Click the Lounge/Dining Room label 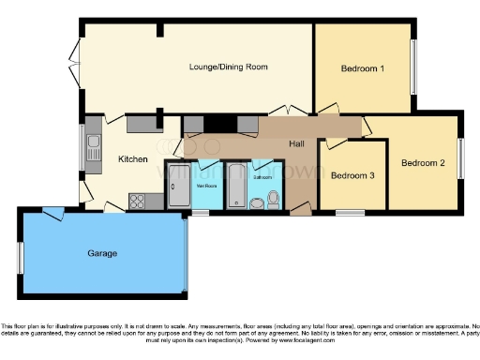229,67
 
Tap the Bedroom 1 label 362,68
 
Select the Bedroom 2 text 423,163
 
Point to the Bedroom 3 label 353,175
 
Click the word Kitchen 133,159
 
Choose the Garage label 103,253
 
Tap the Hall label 299,143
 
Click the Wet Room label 205,185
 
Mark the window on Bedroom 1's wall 412,67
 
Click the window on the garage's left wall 20,258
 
